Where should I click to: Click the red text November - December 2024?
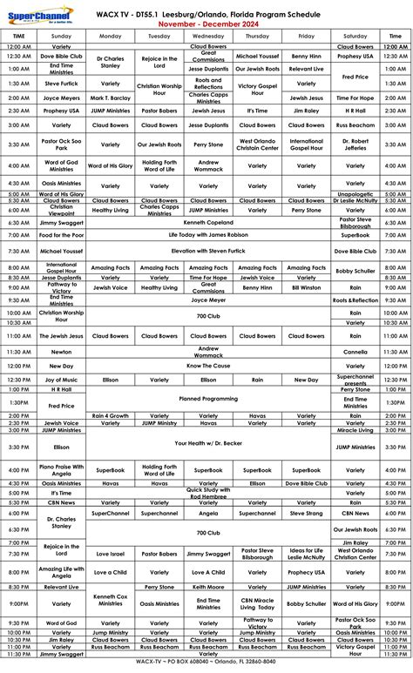pos(207,24)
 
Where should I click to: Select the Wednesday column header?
pos(207,36)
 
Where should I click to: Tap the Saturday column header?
pos(355,36)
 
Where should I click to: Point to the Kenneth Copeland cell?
pos(207,222)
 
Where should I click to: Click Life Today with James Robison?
pos(207,235)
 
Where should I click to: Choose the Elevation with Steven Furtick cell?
pos(207,250)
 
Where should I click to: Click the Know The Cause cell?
pos(207,367)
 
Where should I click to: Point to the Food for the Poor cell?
pos(61,235)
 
